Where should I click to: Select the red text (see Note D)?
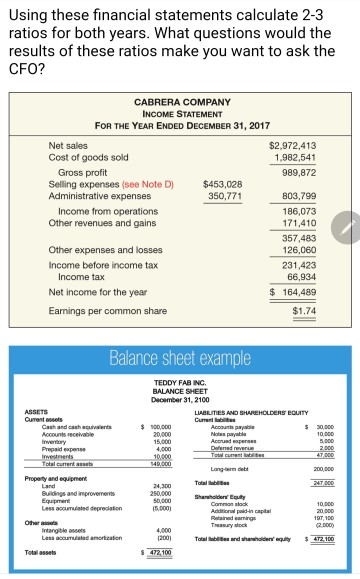point(150,185)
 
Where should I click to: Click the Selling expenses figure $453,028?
point(222,185)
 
